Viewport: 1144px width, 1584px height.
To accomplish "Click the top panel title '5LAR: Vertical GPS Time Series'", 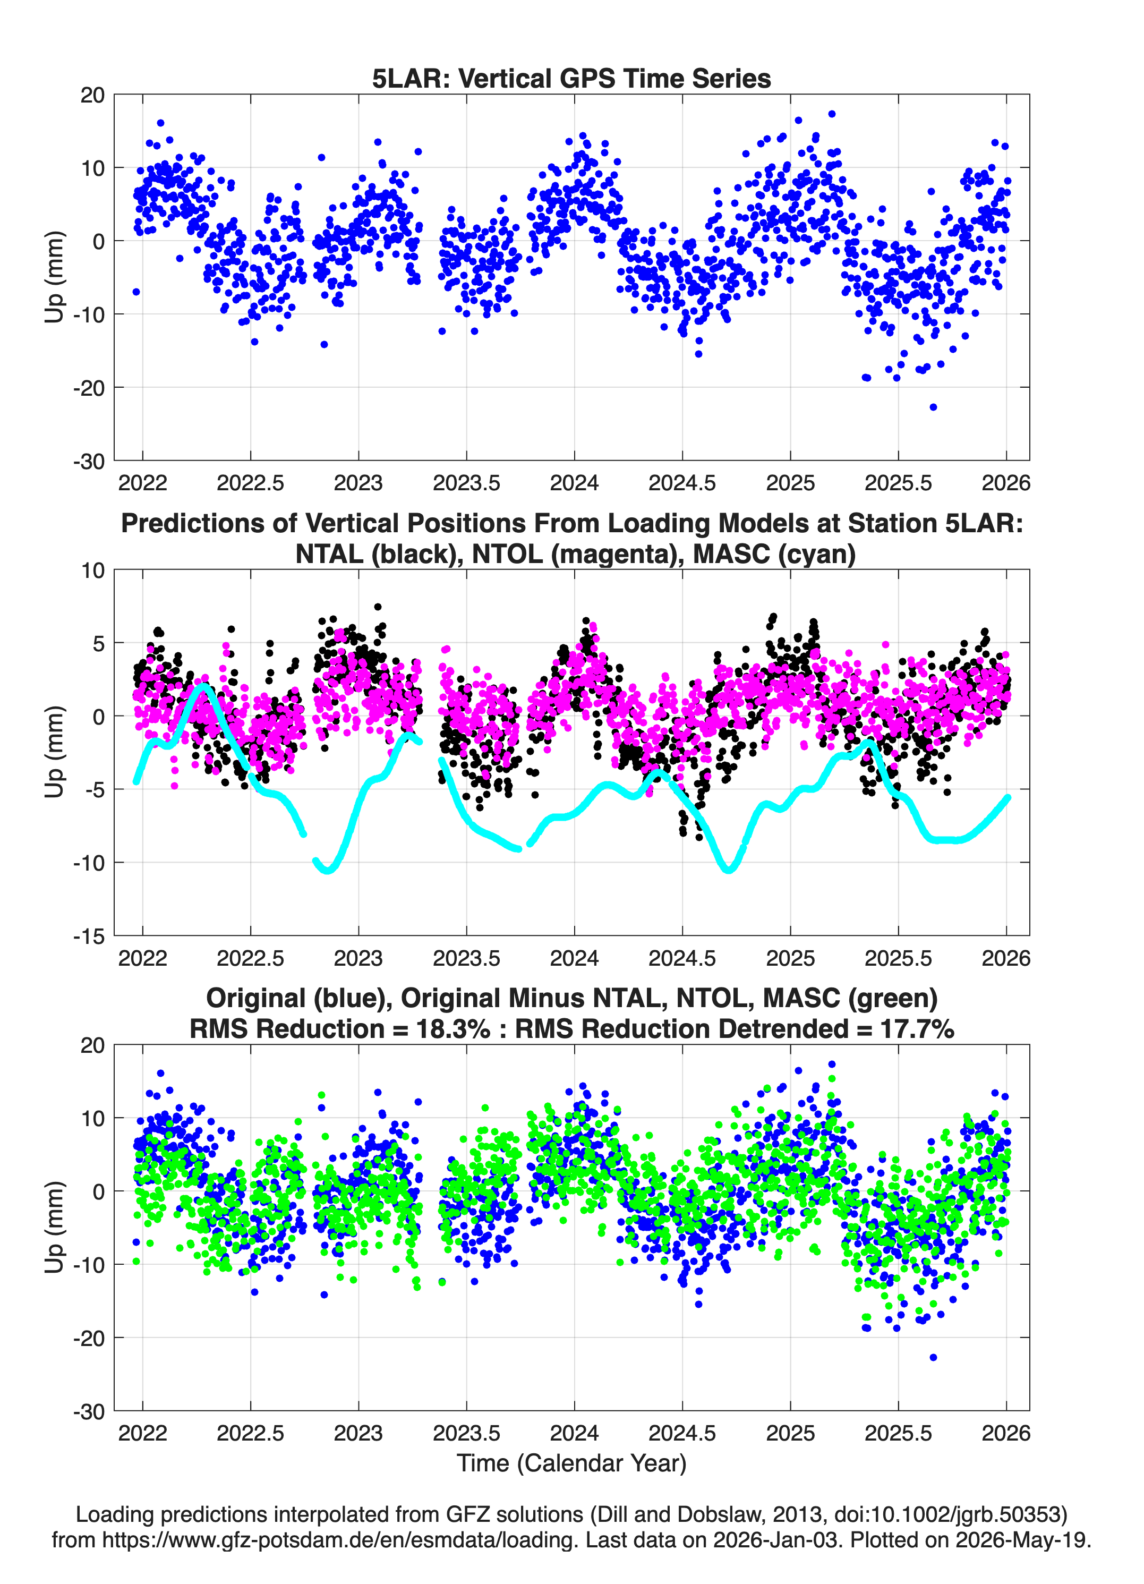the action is [x=571, y=78].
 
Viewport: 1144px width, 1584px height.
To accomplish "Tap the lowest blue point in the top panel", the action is [x=933, y=407].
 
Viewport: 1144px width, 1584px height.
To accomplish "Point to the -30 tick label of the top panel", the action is [x=89, y=462].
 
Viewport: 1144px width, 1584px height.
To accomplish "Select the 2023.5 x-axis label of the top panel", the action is [x=466, y=483].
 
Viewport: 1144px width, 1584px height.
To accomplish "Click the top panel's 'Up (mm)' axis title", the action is [x=55, y=277].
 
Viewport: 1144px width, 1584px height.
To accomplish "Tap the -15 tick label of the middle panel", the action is [x=89, y=936].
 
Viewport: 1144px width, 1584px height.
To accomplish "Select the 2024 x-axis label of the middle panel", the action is [x=574, y=958].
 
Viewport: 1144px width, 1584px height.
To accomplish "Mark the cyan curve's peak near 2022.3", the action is [x=204, y=687].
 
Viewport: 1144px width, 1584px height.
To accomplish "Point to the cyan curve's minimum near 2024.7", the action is [x=729, y=870].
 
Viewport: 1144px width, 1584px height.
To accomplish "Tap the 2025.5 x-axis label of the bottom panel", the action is [x=898, y=1433].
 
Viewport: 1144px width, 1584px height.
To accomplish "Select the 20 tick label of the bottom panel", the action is [x=92, y=1045].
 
